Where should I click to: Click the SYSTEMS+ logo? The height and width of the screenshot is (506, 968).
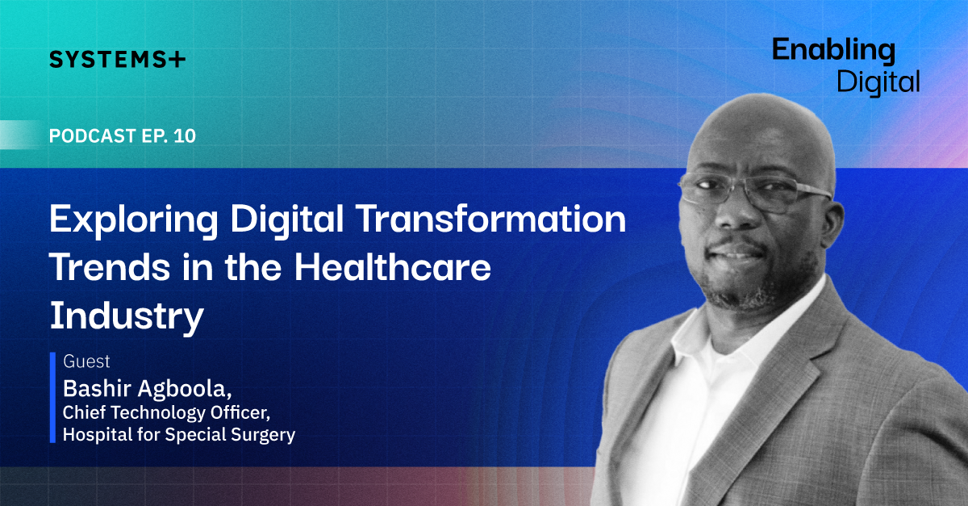(x=117, y=59)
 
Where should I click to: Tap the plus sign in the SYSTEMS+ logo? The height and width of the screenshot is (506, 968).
(x=177, y=60)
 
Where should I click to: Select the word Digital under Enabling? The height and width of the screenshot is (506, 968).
(x=878, y=82)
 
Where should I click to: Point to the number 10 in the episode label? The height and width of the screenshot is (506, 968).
(x=185, y=136)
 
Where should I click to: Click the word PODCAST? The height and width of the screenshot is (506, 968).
(x=93, y=136)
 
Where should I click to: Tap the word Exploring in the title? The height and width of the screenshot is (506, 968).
(x=134, y=220)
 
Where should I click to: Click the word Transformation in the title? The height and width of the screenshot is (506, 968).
(x=492, y=219)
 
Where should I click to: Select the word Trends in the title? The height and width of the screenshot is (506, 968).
(x=110, y=267)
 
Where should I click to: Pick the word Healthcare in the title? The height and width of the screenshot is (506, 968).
(x=392, y=266)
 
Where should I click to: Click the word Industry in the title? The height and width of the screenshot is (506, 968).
(x=126, y=317)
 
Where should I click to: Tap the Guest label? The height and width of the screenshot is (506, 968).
(x=86, y=361)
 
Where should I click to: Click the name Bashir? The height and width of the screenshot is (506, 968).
(x=97, y=388)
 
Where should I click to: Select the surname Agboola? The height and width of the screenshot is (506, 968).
(x=185, y=389)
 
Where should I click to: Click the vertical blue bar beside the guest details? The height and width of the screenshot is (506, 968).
(x=52, y=397)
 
